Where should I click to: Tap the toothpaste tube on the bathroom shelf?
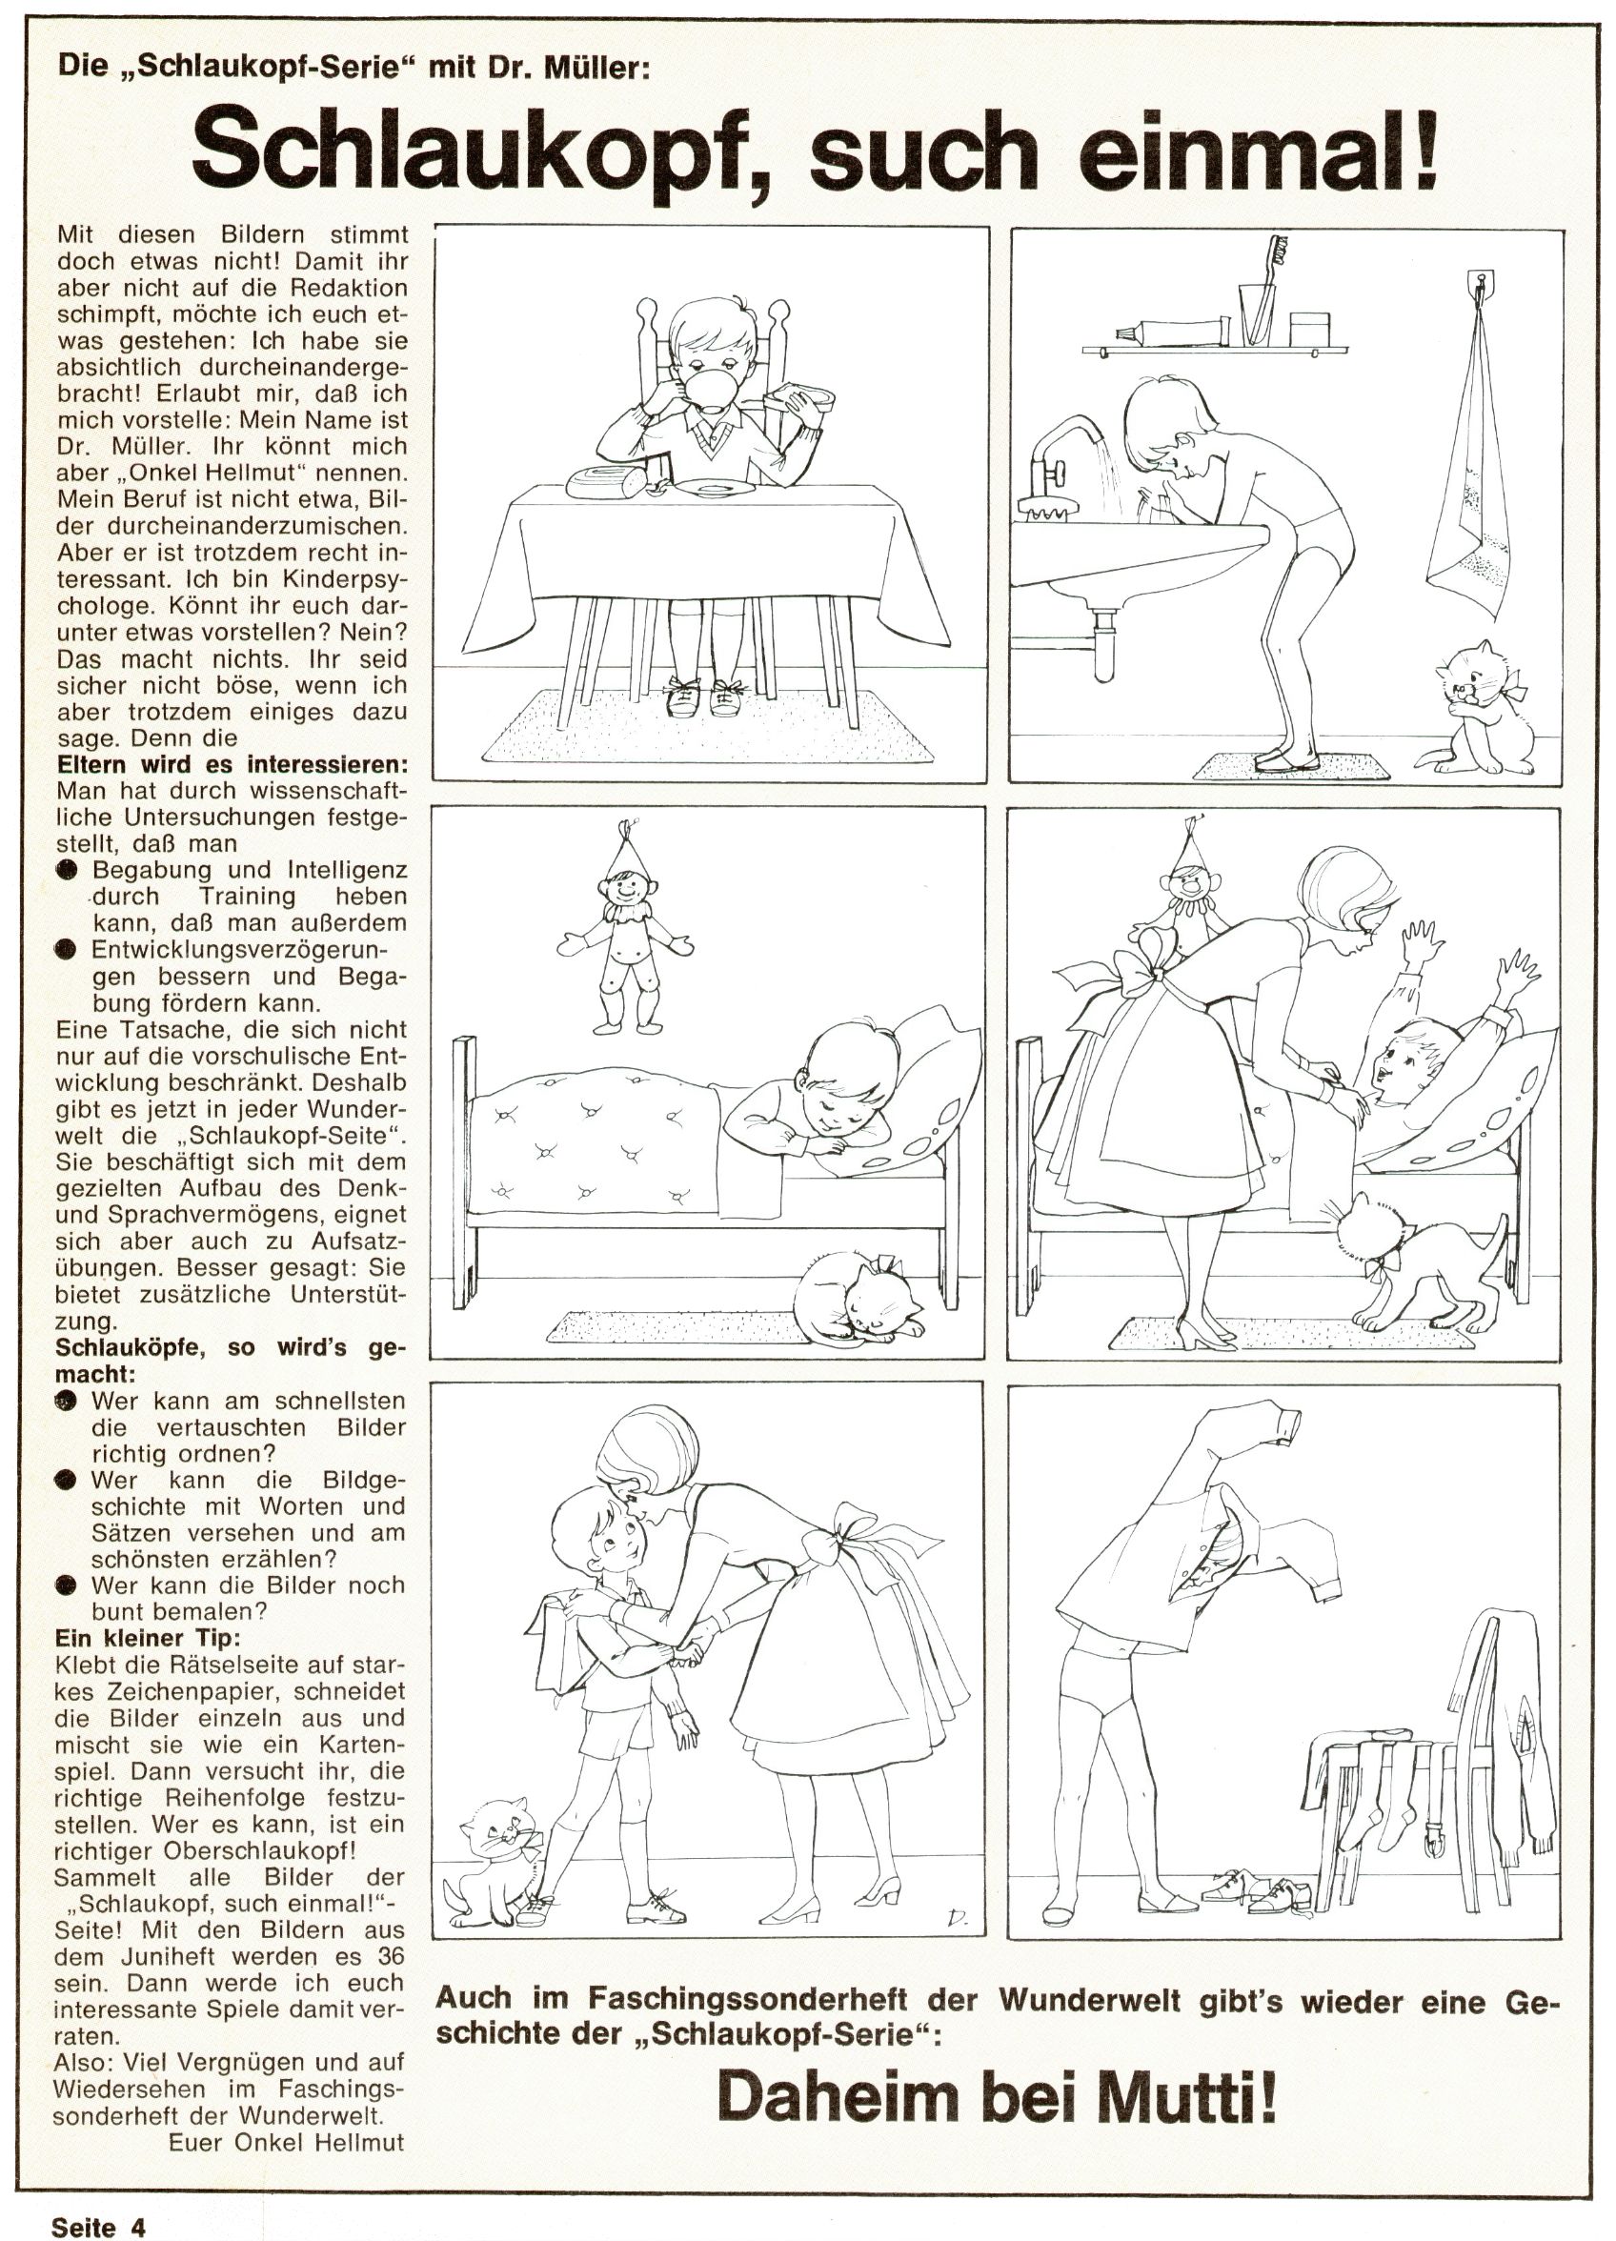click(1169, 334)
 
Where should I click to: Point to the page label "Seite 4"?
click(98, 2223)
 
